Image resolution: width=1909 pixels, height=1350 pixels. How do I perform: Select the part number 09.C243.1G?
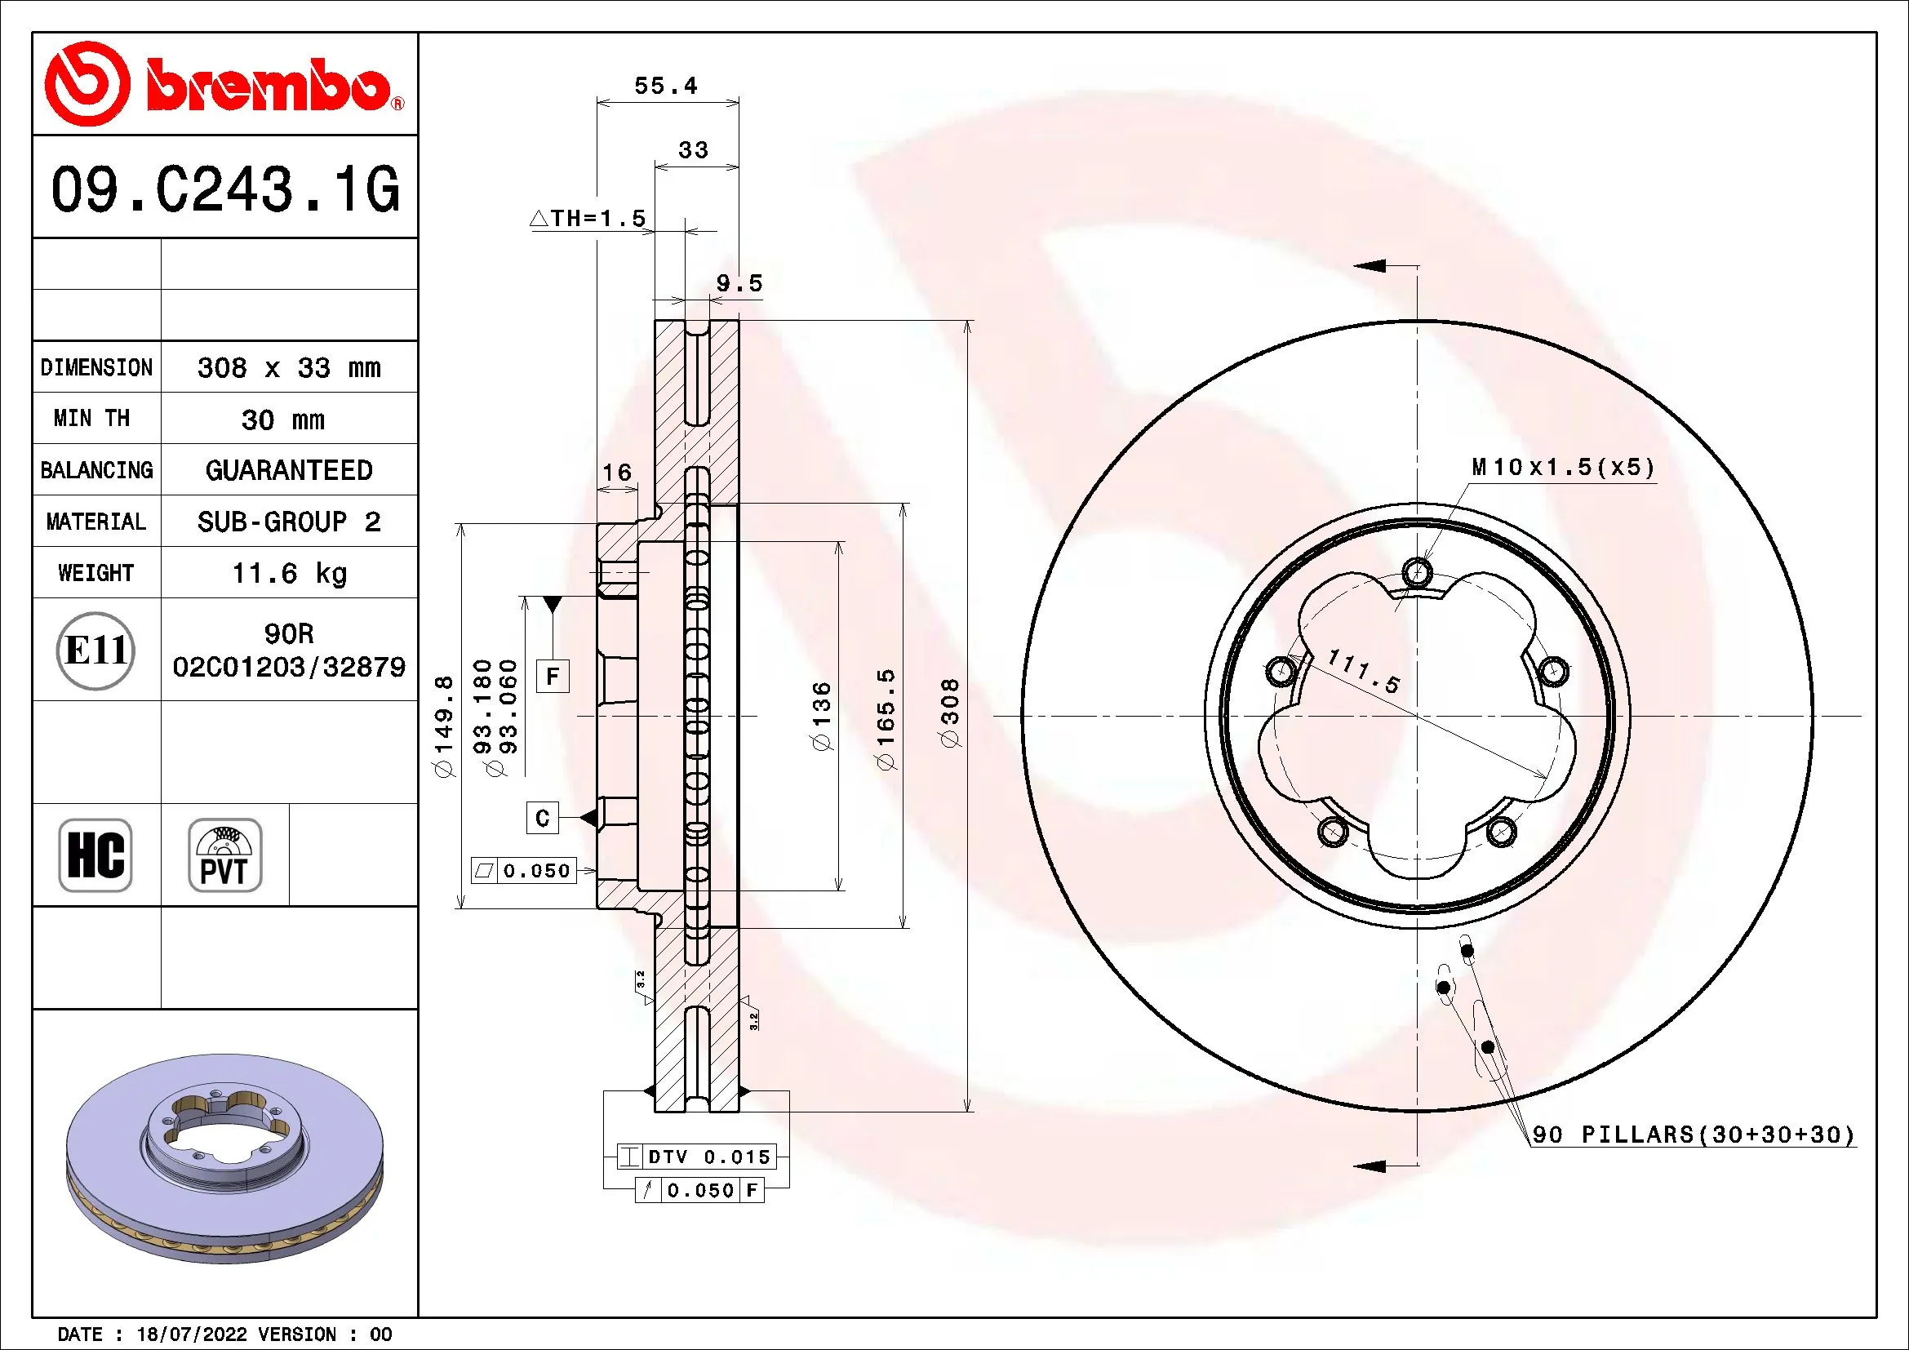coord(224,189)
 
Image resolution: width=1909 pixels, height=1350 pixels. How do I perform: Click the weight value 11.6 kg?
coord(288,573)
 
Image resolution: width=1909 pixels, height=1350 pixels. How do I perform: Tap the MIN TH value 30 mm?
coord(282,420)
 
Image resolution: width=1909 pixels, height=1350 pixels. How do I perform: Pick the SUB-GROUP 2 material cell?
coord(288,522)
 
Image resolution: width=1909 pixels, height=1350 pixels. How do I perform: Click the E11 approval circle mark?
coord(95,650)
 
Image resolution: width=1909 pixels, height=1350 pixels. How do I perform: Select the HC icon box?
coord(95,855)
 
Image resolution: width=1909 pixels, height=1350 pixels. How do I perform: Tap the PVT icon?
coord(224,855)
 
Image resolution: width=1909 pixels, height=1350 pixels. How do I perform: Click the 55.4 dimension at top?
coord(665,86)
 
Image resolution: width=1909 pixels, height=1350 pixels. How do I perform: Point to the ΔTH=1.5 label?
coord(588,219)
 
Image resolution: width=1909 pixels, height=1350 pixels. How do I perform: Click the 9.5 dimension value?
coord(739,283)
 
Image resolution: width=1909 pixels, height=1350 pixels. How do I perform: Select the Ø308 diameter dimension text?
coord(949,713)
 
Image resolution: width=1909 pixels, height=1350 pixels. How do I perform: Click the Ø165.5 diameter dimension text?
coord(886,719)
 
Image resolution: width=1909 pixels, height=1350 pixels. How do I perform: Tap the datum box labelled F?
coord(552,676)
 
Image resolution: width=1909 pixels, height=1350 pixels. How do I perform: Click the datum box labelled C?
coord(542,818)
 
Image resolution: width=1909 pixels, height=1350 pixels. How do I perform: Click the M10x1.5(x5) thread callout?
coord(1563,467)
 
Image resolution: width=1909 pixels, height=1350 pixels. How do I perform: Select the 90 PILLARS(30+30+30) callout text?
coord(1693,1135)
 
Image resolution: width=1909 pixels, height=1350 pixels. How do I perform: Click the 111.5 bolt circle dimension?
coord(1364,672)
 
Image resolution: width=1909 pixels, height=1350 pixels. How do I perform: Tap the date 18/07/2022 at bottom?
coord(191,1334)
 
